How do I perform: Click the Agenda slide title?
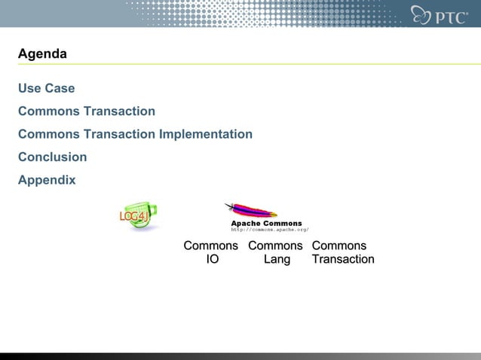click(42, 54)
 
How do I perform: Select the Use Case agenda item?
click(47, 88)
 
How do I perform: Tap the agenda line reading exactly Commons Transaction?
click(87, 111)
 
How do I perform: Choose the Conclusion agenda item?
click(53, 157)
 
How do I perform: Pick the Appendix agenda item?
click(47, 181)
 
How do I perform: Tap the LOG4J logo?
click(136, 216)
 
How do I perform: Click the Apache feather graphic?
click(251, 211)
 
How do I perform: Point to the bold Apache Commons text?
click(266, 224)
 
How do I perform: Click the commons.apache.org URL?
click(269, 230)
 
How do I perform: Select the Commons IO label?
click(211, 252)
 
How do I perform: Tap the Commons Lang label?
click(275, 252)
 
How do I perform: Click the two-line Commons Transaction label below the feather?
click(342, 252)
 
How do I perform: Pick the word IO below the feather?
click(213, 259)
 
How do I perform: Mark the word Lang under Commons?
click(277, 259)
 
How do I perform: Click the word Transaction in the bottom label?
click(343, 259)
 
